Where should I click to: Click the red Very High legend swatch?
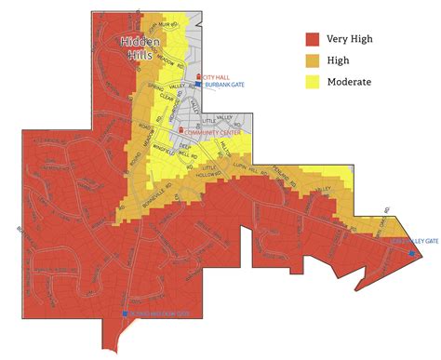[313, 39]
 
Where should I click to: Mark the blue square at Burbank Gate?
[197, 85]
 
